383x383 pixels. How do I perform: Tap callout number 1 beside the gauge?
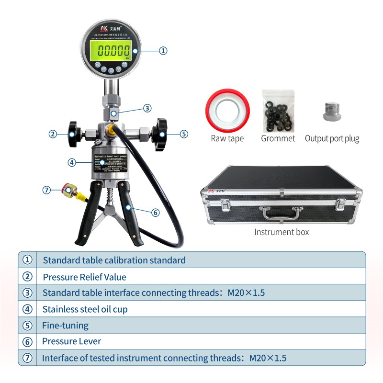tap(163, 50)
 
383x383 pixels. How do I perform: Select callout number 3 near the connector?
tap(148, 108)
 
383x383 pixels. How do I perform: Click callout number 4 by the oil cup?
tap(72, 162)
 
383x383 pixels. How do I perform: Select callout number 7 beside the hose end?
tap(46, 190)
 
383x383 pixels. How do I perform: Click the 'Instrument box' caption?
tap(282, 232)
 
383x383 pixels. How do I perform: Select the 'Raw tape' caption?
tap(227, 139)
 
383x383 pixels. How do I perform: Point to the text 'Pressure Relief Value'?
tap(84, 277)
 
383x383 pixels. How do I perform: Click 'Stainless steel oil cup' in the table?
tap(85, 309)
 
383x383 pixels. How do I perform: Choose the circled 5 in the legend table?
tap(28, 326)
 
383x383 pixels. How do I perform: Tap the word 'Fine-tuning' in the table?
tap(66, 326)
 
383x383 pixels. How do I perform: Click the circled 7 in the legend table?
tap(28, 358)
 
